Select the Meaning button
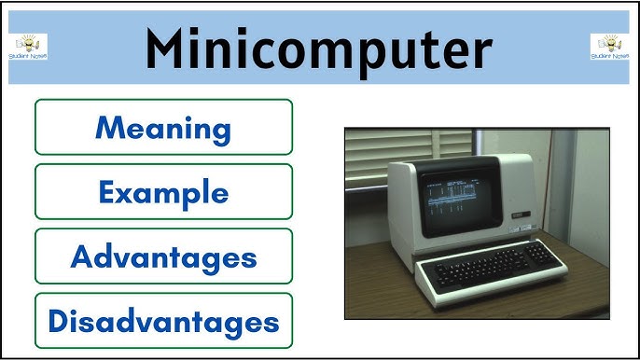[163, 127]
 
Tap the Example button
[163, 192]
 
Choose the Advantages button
[163, 256]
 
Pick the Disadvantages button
[163, 322]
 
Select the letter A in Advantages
[84, 256]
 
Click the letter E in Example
[106, 192]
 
